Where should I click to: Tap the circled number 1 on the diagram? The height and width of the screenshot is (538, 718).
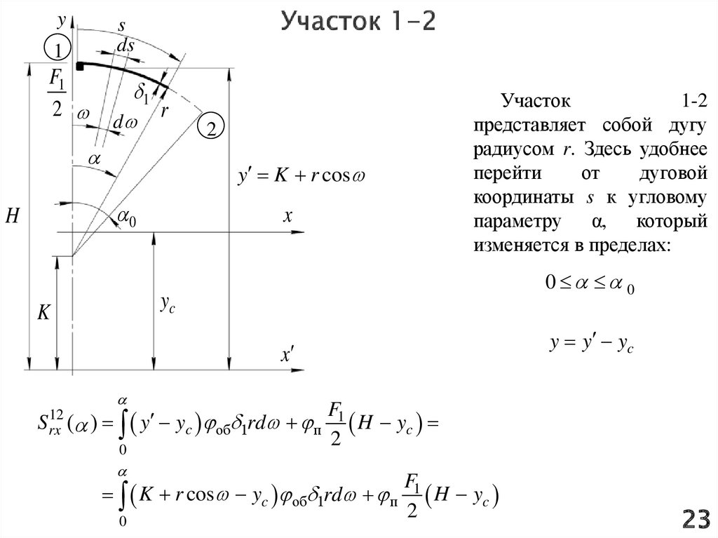(x=57, y=49)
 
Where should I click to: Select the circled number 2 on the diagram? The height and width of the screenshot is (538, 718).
(x=211, y=127)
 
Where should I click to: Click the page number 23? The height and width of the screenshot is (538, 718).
(x=696, y=519)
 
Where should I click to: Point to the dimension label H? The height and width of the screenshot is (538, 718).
(x=12, y=215)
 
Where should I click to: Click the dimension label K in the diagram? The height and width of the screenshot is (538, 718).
(x=43, y=314)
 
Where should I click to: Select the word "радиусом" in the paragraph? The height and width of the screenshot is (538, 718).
(x=506, y=150)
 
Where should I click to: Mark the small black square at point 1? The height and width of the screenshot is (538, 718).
(x=81, y=66)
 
